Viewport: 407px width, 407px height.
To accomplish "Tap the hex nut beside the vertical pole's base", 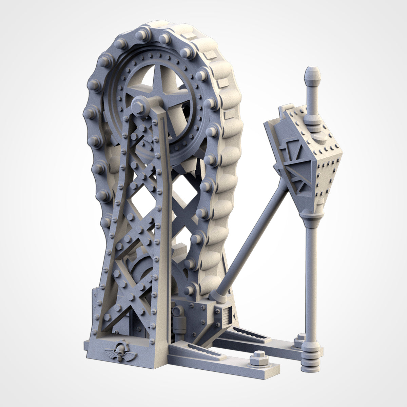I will (x=300, y=340).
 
